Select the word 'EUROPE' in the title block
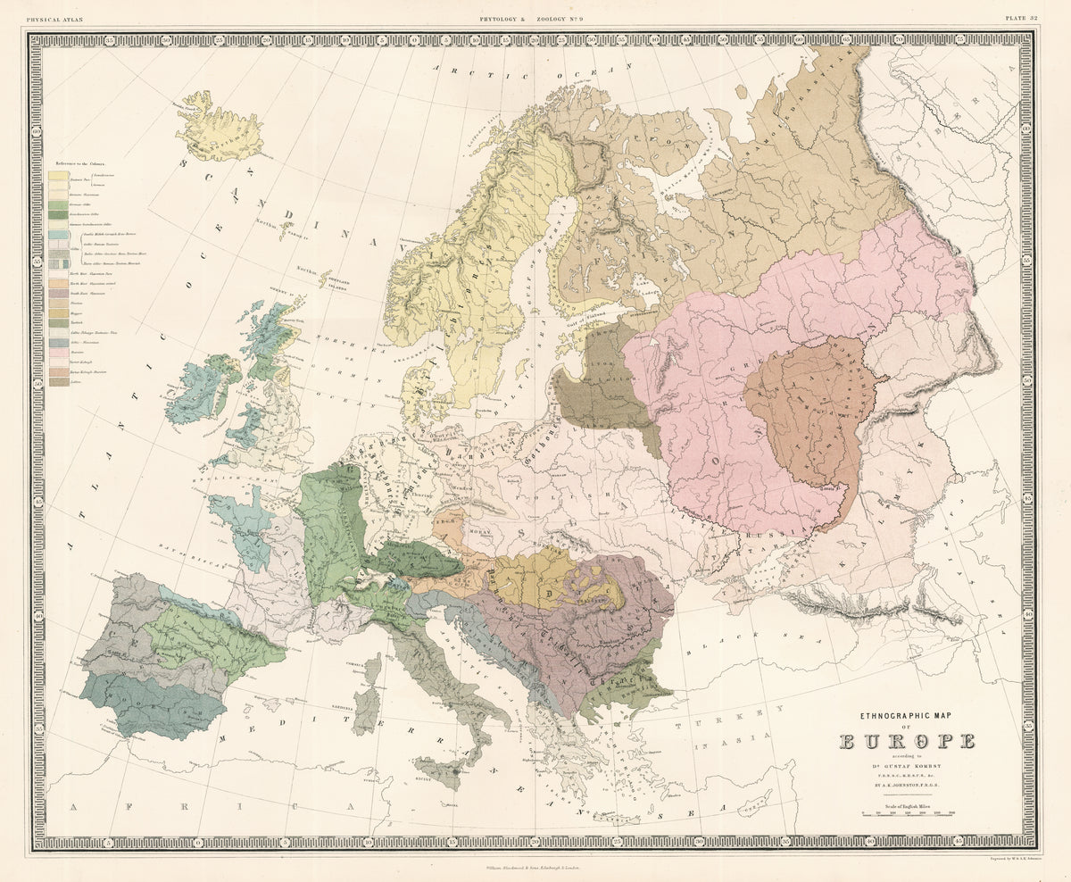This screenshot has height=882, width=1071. (907, 741)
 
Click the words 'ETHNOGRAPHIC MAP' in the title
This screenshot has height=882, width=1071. (907, 716)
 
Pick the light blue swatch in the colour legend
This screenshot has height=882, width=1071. (58, 235)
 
